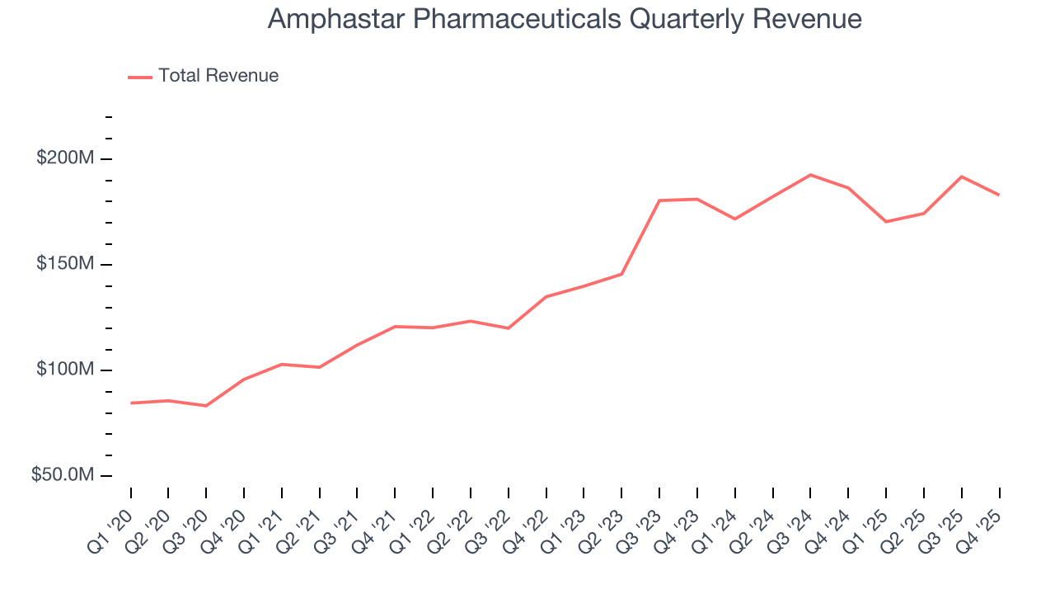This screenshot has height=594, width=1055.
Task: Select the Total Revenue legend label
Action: (218, 76)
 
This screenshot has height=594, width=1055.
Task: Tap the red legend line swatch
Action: (140, 77)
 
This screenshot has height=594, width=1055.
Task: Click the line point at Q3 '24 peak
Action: (810, 175)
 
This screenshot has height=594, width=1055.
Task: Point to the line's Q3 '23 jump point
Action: (659, 200)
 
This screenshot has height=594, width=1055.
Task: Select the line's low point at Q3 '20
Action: (206, 406)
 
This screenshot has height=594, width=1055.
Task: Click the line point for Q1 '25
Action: (886, 222)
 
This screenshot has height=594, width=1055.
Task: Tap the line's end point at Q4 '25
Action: (999, 195)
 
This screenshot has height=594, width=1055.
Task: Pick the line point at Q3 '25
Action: (961, 177)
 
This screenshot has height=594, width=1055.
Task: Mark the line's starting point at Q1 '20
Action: (131, 403)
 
